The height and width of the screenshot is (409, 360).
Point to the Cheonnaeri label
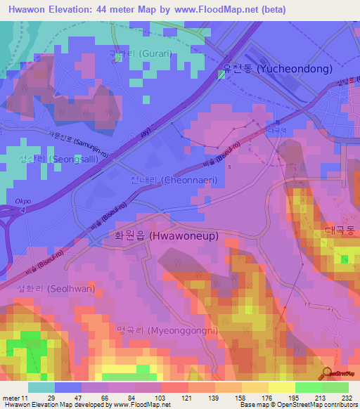click(174, 180)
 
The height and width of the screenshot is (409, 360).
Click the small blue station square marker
click(276, 121)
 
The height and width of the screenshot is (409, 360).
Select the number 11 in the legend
click(25, 398)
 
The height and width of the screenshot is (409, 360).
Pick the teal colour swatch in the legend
click(41, 387)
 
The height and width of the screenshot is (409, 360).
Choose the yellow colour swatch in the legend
click(281, 387)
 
